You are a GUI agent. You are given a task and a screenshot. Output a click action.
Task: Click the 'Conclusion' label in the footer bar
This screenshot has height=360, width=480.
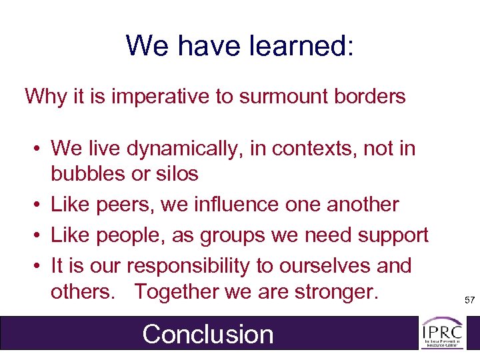coord(208,334)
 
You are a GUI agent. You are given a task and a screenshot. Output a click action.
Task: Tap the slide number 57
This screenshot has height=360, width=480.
coord(469,301)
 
